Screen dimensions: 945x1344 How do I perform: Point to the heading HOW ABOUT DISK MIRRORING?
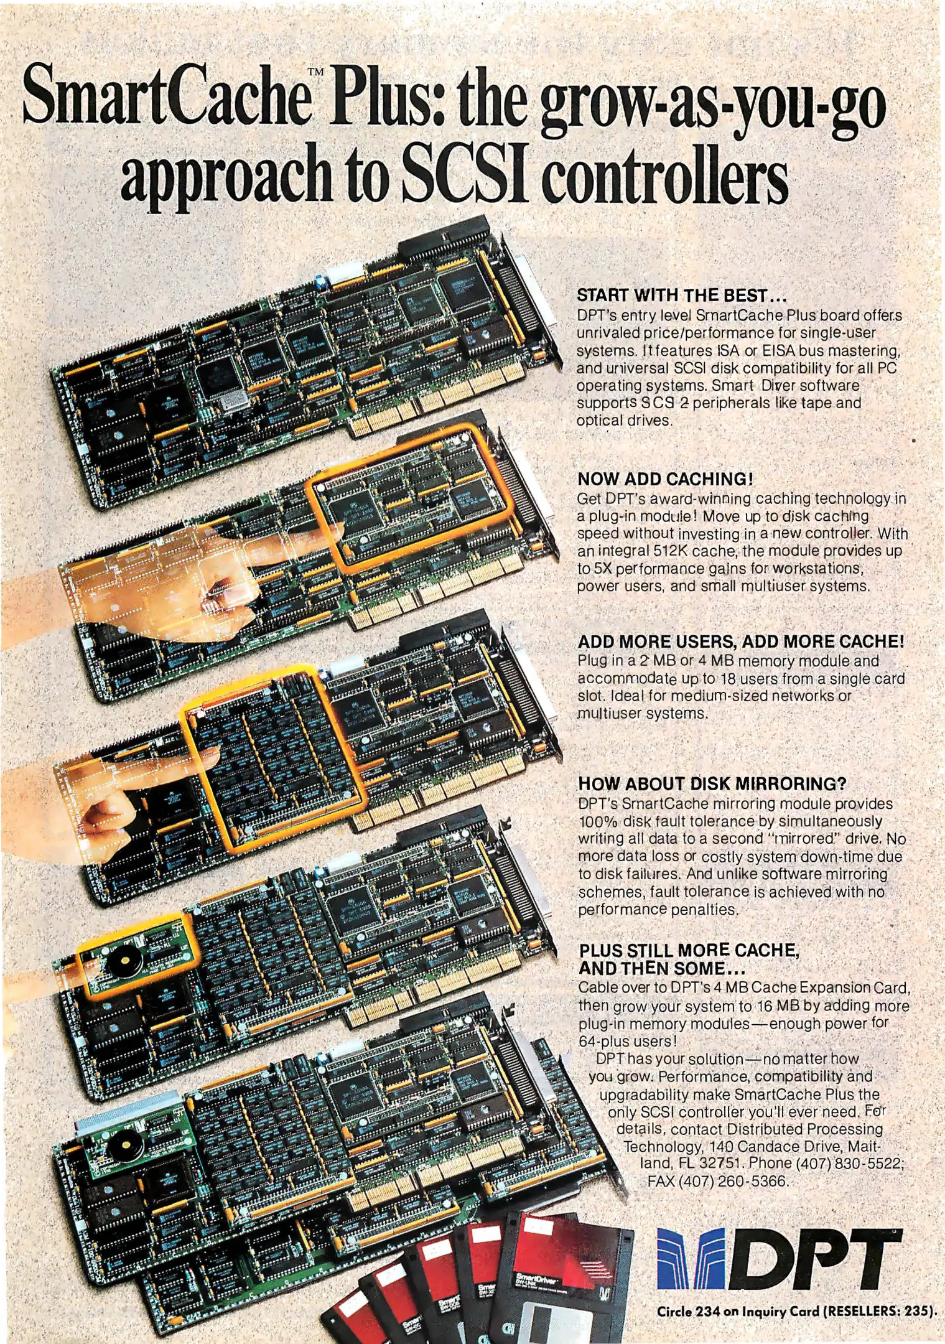pos(712,783)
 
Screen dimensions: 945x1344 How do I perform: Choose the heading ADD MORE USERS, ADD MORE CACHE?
pos(740,641)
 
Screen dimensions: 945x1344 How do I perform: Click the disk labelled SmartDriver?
pos(560,1276)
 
